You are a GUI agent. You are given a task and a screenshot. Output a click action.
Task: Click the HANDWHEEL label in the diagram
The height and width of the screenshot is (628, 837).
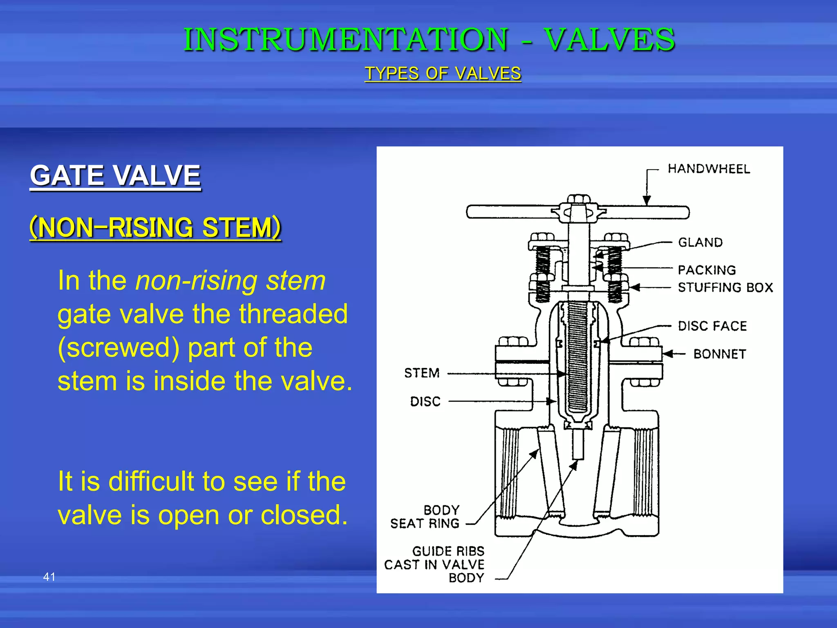(709, 169)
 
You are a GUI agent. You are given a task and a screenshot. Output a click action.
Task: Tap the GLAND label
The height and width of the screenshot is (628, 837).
(700, 242)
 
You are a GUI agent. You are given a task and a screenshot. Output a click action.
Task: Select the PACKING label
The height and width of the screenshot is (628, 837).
(707, 270)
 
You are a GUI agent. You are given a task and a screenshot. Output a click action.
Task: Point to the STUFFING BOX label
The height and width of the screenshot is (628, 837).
(725, 287)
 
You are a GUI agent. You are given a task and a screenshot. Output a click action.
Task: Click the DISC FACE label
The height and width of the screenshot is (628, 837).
(712, 326)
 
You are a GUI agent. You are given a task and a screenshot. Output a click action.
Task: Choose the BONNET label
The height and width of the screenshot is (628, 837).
(720, 354)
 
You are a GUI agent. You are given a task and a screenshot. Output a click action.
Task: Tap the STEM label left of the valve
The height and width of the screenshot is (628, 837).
(422, 373)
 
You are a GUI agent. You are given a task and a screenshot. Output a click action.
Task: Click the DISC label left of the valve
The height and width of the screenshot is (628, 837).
(425, 401)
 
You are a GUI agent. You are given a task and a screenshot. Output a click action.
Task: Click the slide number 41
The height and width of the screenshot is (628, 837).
(49, 577)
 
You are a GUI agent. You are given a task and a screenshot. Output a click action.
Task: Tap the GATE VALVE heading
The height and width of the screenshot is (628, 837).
(115, 175)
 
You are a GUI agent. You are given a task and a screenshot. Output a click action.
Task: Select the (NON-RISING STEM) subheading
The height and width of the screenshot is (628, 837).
(155, 227)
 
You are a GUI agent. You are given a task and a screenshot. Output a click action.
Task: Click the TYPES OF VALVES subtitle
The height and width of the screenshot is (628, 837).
(443, 74)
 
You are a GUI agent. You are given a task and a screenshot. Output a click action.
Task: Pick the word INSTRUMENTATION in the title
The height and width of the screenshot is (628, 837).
(346, 40)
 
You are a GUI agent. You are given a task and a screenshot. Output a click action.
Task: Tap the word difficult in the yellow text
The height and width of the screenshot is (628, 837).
(151, 481)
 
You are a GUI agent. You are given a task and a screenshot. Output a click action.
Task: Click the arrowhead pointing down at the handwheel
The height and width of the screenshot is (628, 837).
(647, 201)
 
